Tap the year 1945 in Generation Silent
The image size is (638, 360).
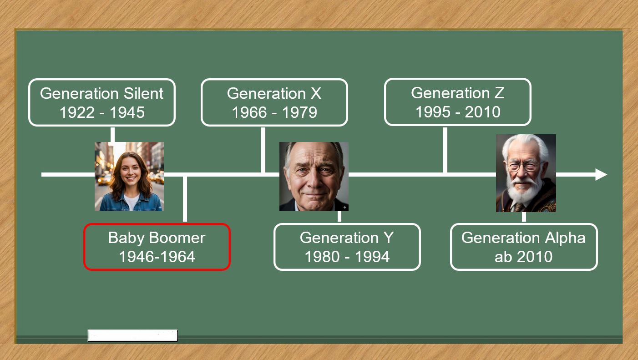click(127, 112)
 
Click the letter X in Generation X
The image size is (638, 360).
click(315, 93)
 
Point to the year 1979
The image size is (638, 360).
click(299, 112)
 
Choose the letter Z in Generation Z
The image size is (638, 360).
click(499, 93)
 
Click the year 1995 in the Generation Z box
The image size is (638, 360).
click(433, 112)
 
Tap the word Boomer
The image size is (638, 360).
click(177, 238)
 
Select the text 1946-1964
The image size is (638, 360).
click(157, 257)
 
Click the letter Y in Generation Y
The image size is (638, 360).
click(388, 238)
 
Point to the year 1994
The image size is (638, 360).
click(372, 257)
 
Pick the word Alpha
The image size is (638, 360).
click(565, 238)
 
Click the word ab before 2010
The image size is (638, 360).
click(503, 257)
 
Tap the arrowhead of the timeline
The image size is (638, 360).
click(601, 175)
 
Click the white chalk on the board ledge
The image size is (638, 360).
click(132, 335)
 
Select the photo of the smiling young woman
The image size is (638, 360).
click(129, 177)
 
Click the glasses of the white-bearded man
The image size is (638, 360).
click(526, 166)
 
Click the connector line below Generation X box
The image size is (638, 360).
click(263, 150)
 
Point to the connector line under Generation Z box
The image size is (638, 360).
click(445, 150)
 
